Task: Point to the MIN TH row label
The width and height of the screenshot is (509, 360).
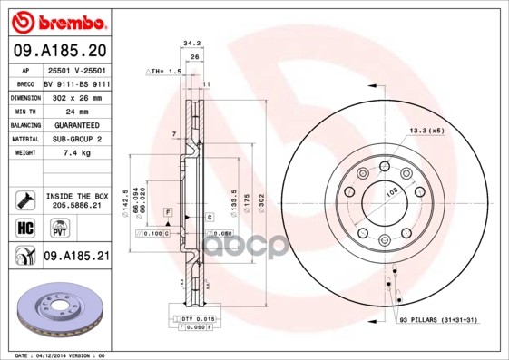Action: [x=23, y=111]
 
